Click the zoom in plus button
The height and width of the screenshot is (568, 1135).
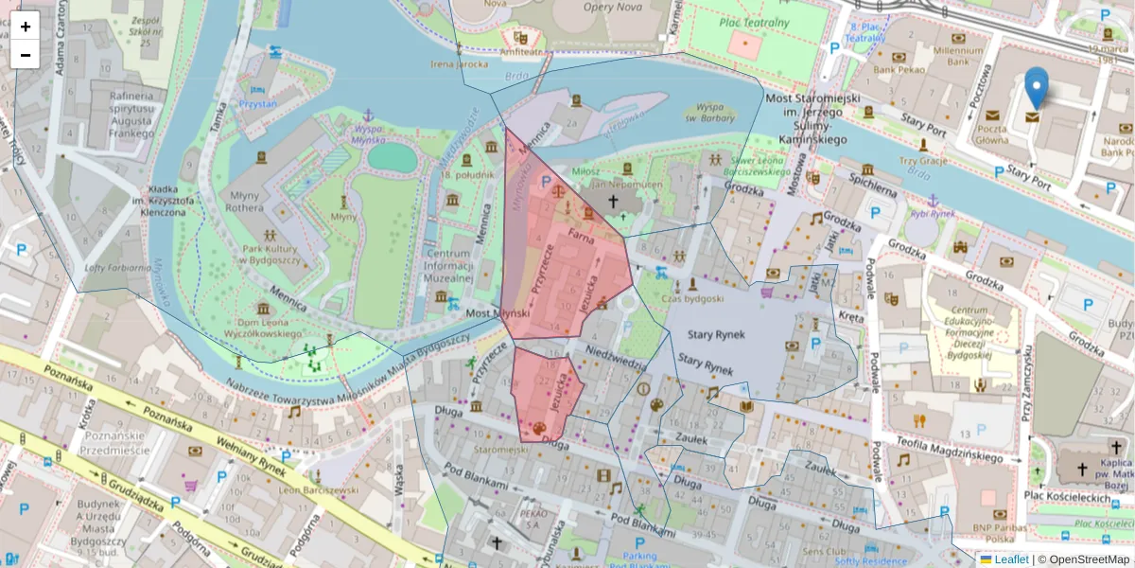click(26, 27)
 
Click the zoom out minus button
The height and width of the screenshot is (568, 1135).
click(26, 55)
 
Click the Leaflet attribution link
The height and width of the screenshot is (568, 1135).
click(1011, 559)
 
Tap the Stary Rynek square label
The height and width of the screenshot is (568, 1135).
click(716, 334)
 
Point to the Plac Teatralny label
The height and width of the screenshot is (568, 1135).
click(753, 23)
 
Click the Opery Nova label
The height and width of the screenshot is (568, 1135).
click(612, 8)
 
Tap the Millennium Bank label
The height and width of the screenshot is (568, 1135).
click(958, 56)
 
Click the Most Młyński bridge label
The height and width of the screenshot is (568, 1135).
click(497, 313)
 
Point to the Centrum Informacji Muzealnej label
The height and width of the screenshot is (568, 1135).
click(448, 266)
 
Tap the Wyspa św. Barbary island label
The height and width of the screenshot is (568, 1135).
click(716, 113)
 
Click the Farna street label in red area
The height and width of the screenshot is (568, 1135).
click(580, 232)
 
